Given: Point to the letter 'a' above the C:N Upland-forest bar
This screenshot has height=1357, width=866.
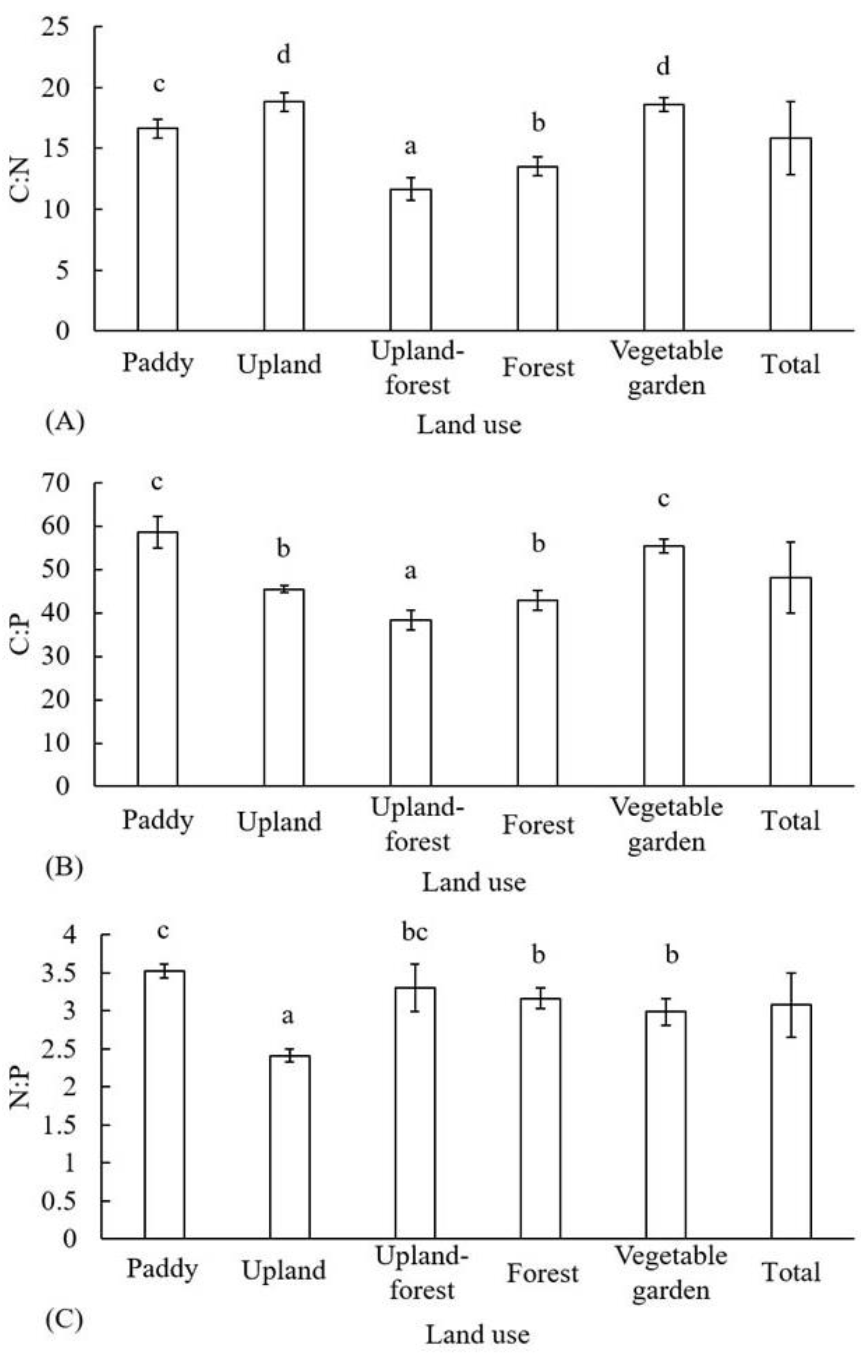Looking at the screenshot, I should coord(411,147).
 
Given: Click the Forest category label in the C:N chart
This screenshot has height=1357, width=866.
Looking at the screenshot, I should coord(538,368).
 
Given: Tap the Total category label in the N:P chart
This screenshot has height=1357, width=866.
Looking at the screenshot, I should coord(791,1272).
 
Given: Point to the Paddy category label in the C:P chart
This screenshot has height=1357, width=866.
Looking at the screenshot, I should coord(158,820).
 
